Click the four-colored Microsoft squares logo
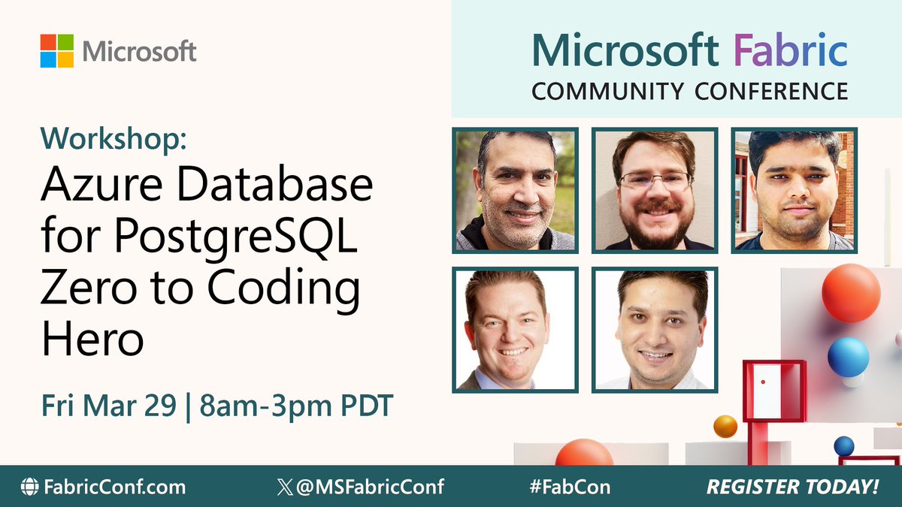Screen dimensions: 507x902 pyautogui.click(x=57, y=51)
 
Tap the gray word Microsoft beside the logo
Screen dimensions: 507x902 pyautogui.click(x=140, y=51)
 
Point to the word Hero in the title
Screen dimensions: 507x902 pyautogui.click(x=92, y=341)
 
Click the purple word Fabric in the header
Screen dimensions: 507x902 pyautogui.click(x=790, y=50)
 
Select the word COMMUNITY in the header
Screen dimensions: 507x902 pyautogui.click(x=608, y=91)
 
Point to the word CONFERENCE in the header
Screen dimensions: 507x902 pyautogui.click(x=771, y=91)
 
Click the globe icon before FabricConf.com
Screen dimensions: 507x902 pyautogui.click(x=29, y=487)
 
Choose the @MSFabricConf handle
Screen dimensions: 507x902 pyautogui.click(x=369, y=487)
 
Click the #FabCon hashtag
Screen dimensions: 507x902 pyautogui.click(x=569, y=487)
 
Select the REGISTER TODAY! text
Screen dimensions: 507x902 pyautogui.click(x=792, y=487)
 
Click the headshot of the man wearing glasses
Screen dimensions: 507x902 pyautogui.click(x=655, y=190)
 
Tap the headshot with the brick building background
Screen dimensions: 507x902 pyautogui.click(x=795, y=190)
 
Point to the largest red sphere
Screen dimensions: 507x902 pyautogui.click(x=850, y=292)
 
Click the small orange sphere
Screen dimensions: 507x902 pyautogui.click(x=725, y=426)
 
